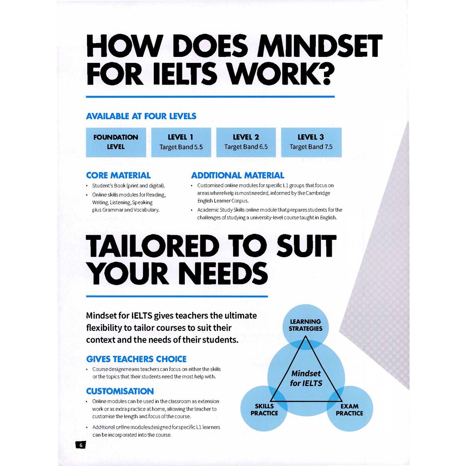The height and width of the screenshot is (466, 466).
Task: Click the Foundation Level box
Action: (116, 142)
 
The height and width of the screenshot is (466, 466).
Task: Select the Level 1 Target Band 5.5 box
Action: (181, 142)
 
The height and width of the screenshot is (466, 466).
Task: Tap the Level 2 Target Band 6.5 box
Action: (246, 142)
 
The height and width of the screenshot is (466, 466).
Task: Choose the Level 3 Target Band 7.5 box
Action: (311, 142)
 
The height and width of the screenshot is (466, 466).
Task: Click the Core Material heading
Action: (118, 175)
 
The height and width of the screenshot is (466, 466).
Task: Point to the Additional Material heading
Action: (237, 175)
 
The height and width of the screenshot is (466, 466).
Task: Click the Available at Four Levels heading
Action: (141, 116)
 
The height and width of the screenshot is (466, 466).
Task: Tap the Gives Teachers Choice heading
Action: (136, 359)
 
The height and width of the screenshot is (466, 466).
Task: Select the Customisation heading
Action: (120, 391)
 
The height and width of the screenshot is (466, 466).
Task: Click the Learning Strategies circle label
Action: (305, 325)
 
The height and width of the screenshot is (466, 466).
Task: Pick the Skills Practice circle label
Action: (264, 410)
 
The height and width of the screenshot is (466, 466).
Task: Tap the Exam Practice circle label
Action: (349, 410)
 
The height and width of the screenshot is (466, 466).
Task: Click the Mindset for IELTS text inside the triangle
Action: (306, 378)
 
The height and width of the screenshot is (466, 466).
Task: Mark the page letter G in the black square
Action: (81, 445)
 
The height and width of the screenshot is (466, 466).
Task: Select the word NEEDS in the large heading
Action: (223, 273)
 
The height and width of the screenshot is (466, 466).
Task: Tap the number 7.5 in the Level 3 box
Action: (328, 147)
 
